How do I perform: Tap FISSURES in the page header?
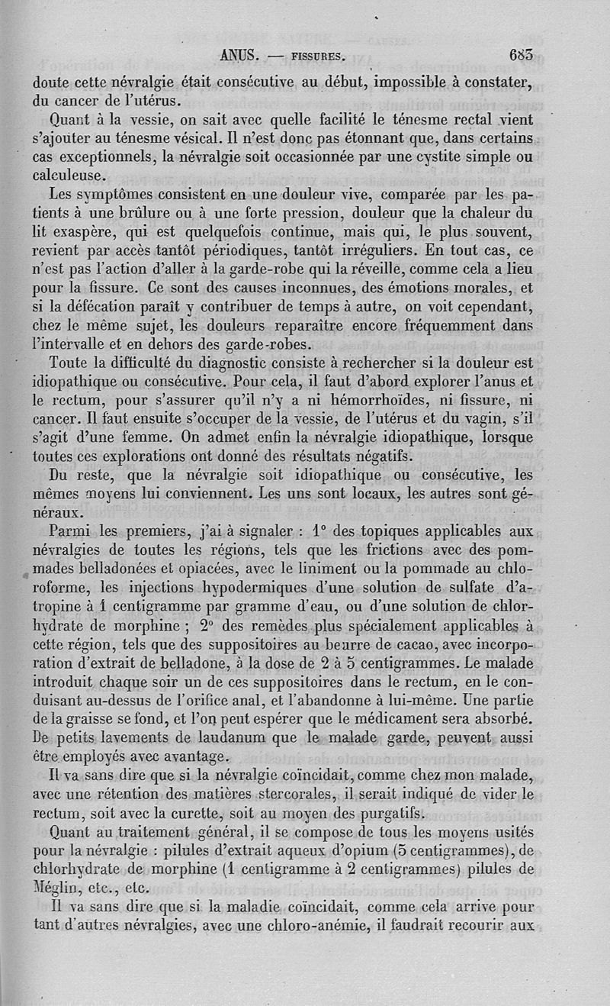click(312, 56)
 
